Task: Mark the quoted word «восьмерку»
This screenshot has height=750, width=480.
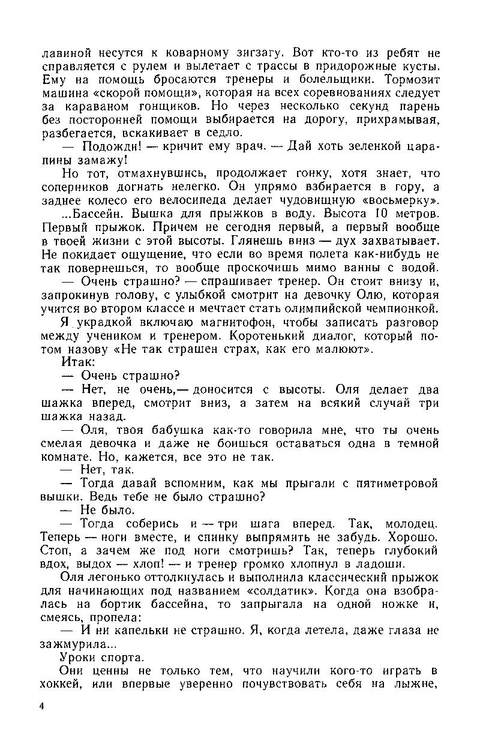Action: coord(395,200)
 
